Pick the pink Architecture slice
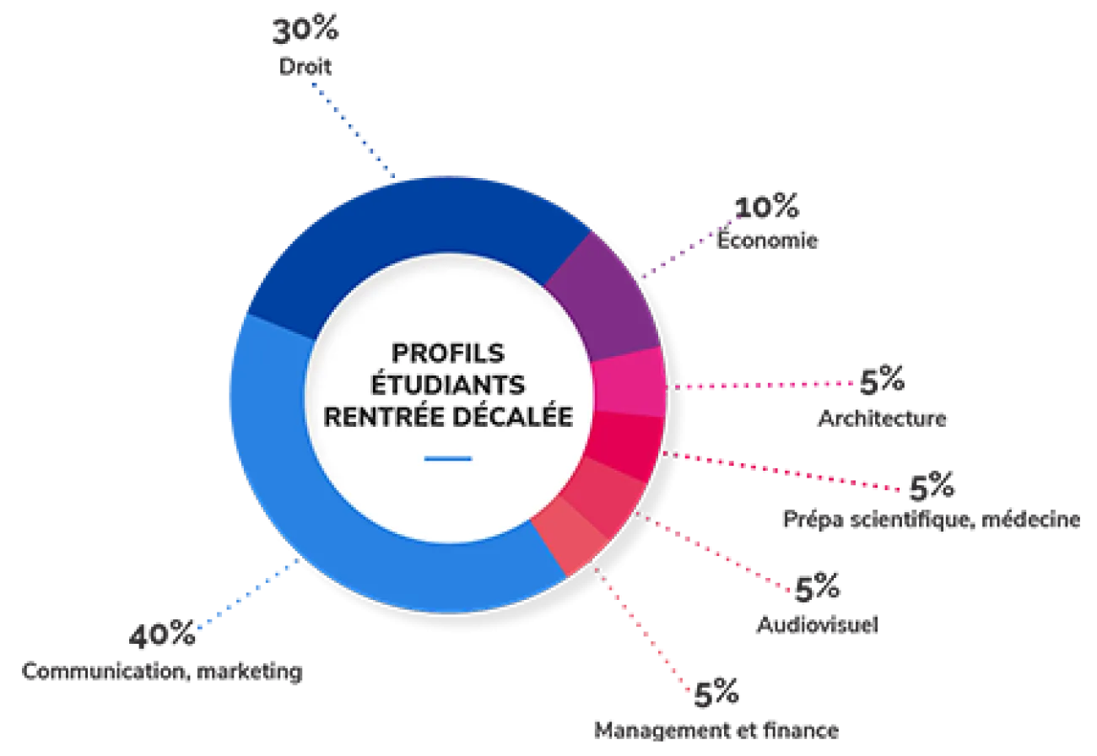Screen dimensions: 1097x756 click(x=630, y=383)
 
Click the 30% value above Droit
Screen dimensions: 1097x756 click(x=305, y=30)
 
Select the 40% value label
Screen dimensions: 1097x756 click(x=162, y=634)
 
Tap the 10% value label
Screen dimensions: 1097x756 click(x=767, y=207)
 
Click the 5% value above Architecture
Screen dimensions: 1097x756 click(x=882, y=380)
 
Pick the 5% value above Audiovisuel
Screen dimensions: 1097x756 click(x=817, y=586)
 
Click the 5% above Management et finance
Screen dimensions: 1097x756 click(x=716, y=693)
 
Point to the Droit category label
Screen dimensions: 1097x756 click(x=305, y=67)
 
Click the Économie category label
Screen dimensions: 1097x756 click(x=767, y=239)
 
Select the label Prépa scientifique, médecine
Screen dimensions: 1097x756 click(x=932, y=519)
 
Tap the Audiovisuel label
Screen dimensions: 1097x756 click(x=817, y=624)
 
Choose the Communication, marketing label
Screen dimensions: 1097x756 click(x=162, y=671)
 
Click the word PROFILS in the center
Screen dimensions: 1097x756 click(x=447, y=353)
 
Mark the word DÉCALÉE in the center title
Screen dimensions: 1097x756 click(x=512, y=416)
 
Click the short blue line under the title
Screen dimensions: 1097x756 click(x=447, y=459)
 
